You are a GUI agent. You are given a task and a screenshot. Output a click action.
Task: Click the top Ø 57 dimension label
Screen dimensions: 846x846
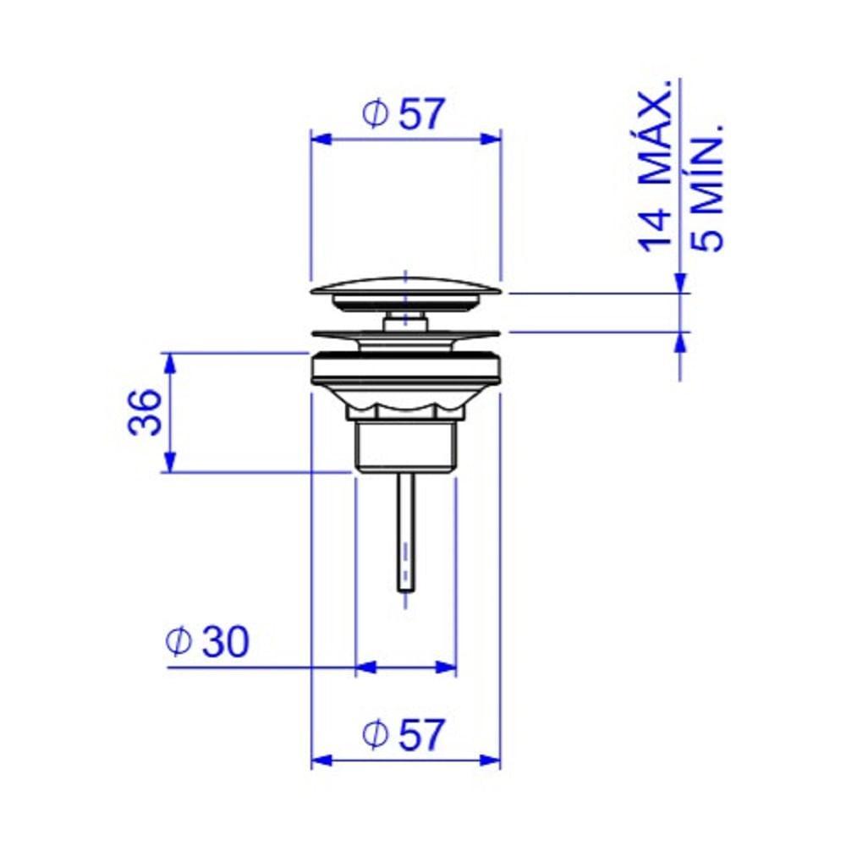click(404, 114)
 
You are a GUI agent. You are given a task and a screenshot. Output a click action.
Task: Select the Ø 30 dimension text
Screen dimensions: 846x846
click(208, 641)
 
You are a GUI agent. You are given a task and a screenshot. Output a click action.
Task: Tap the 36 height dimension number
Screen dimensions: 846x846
click(145, 413)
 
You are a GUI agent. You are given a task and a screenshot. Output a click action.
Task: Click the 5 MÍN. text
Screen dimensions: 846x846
click(706, 188)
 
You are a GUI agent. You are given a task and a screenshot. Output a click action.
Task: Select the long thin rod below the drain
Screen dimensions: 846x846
click(406, 532)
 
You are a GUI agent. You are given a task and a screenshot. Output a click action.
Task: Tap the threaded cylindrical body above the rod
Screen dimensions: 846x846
click(406, 446)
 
